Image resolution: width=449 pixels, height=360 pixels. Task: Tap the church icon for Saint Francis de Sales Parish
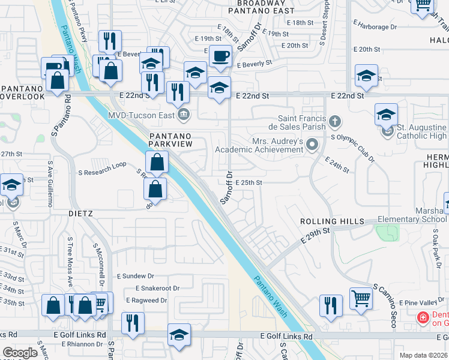[x=335, y=123]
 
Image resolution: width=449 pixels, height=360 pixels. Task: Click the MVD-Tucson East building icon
[x=184, y=113]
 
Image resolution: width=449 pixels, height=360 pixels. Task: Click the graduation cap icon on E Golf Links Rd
[x=179, y=335]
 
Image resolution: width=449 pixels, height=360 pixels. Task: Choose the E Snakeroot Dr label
[x=152, y=288]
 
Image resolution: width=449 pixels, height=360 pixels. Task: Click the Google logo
[x=20, y=353]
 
